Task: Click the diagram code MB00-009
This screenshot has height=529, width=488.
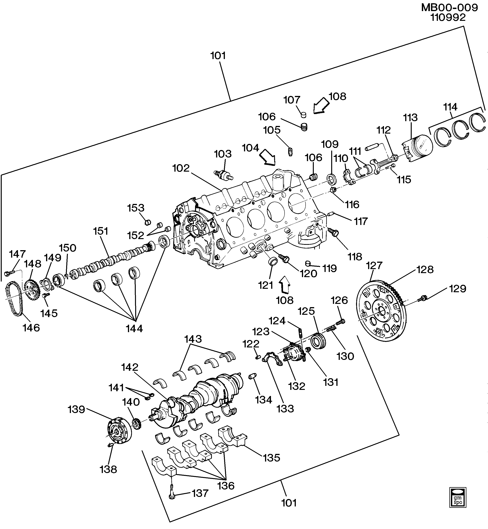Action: pos(449,8)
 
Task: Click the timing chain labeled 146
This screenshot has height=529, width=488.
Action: pos(14,299)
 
